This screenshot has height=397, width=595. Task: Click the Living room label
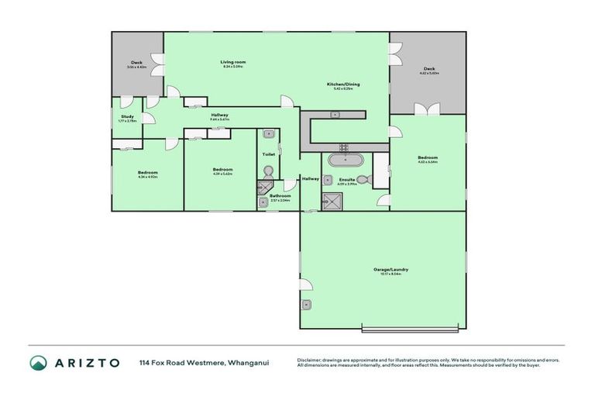[233, 61]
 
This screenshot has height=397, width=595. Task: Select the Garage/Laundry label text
[390, 270]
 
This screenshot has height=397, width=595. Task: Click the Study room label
[127, 116]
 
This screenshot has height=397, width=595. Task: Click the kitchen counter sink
[335, 115]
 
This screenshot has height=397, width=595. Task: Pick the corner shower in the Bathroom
[262, 188]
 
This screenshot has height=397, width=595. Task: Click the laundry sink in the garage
[307, 304]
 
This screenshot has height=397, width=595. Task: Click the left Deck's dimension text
[136, 67]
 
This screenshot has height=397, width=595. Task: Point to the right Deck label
[428, 68]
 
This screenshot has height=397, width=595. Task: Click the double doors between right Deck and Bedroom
[427, 109]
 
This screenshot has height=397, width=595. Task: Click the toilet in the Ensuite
[365, 180]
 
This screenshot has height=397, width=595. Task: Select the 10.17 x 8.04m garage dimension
[390, 274]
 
